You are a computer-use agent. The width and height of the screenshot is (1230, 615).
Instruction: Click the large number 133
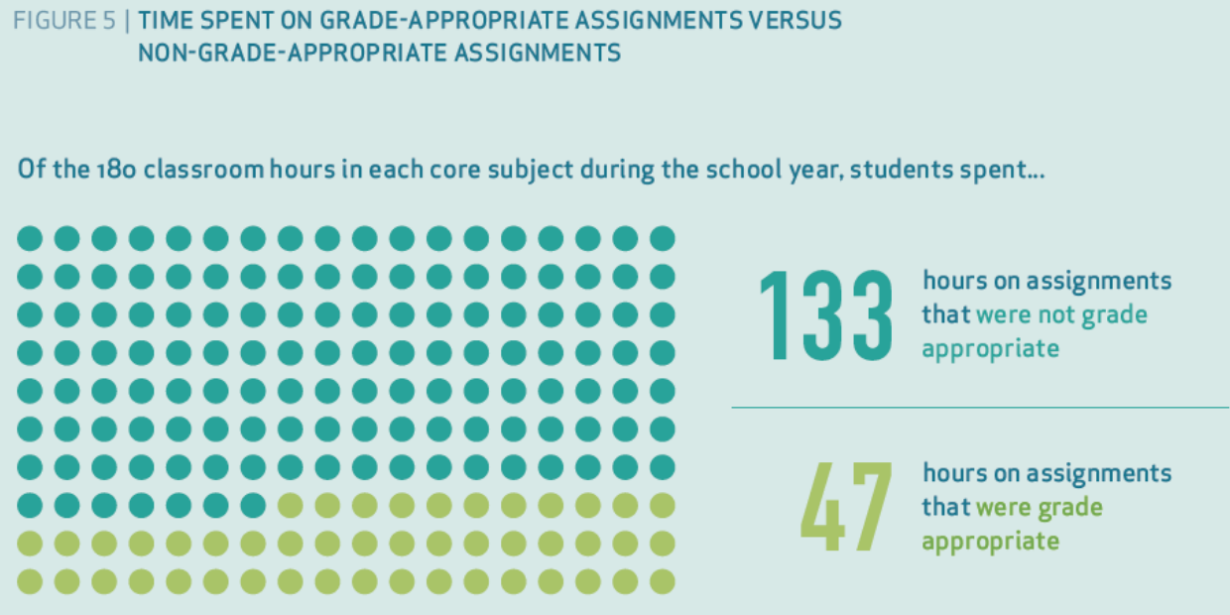pyautogui.click(x=826, y=314)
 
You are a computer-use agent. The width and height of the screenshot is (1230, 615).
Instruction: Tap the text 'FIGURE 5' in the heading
pyautogui.click(x=64, y=21)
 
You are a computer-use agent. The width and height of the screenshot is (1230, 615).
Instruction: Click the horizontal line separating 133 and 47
pyautogui.click(x=980, y=408)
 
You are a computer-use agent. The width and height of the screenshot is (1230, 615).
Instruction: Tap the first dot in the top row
pyautogui.click(x=30, y=239)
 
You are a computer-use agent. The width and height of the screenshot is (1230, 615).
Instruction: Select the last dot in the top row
pyautogui.click(x=663, y=239)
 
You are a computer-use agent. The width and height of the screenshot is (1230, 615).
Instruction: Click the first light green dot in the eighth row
pyautogui.click(x=291, y=506)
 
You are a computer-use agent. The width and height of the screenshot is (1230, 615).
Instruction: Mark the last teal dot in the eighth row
pyautogui.click(x=253, y=506)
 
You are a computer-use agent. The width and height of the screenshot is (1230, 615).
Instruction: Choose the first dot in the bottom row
pyautogui.click(x=30, y=582)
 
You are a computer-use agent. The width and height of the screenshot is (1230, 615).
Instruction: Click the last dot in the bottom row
pyautogui.click(x=663, y=582)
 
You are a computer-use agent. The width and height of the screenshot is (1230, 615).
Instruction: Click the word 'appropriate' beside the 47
pyautogui.click(x=990, y=542)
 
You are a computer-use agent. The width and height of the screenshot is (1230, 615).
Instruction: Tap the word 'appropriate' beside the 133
pyautogui.click(x=990, y=349)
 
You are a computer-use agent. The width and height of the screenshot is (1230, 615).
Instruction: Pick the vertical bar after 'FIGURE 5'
pyautogui.click(x=127, y=21)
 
